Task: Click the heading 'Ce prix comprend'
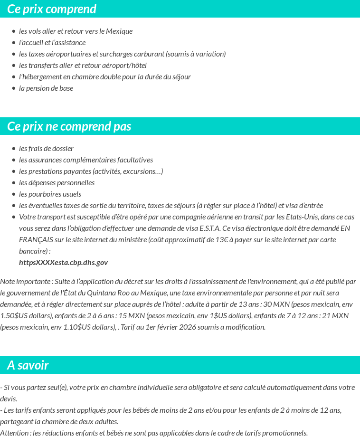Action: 52,9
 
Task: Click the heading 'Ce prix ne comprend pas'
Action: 69,126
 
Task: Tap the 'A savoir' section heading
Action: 28,365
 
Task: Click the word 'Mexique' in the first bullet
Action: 119,31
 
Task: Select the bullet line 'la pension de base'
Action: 46,88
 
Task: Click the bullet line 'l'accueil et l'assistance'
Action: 52,43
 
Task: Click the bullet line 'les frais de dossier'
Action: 46,149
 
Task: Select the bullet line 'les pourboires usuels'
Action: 50,194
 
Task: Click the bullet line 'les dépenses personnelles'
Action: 57,183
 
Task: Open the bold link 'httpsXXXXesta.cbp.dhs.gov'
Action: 63,263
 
